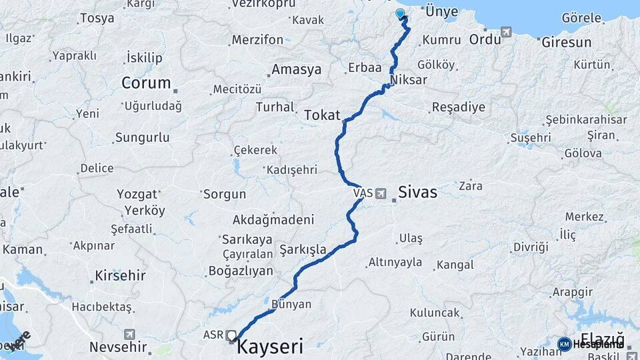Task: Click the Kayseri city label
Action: [270, 347]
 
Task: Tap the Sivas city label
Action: [417, 193]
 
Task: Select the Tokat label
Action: [322, 115]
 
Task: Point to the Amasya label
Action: [296, 69]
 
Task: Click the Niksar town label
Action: [409, 81]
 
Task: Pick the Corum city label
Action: [146, 83]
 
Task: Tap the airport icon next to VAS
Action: [381, 193]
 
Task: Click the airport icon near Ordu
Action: [507, 31]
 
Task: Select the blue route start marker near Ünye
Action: [400, 13]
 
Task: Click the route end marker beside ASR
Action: [231, 335]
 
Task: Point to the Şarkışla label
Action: [303, 249]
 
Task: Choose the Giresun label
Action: [567, 43]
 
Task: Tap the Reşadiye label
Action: [458, 107]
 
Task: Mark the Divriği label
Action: [530, 247]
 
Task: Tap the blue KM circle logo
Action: [564, 344]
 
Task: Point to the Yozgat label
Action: [137, 195]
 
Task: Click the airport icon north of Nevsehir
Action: [129, 334]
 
